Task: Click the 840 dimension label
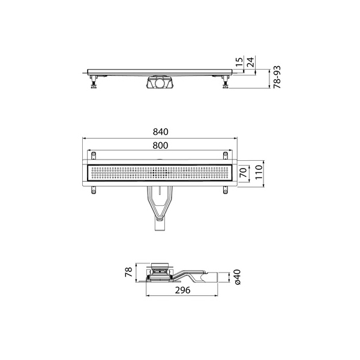pyautogui.click(x=160, y=132)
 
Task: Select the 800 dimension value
pyautogui.click(x=160, y=145)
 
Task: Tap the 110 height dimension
pyautogui.click(x=259, y=172)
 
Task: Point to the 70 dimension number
pyautogui.click(x=244, y=172)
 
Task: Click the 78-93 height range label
pyautogui.click(x=277, y=77)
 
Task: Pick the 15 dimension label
pyautogui.click(x=239, y=62)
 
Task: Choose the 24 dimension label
pyautogui.click(x=250, y=62)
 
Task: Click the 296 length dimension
pyautogui.click(x=182, y=290)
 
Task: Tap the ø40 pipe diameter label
pyautogui.click(x=237, y=277)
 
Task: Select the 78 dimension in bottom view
pyautogui.click(x=128, y=272)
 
